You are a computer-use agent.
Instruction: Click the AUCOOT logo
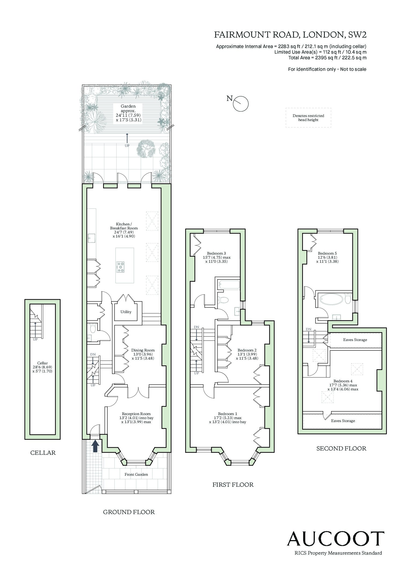tap(336, 538)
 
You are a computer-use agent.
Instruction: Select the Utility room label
tap(126, 312)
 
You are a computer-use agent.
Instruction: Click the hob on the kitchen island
tap(121, 267)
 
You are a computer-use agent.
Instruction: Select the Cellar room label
tap(43, 363)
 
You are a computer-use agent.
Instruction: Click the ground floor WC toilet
tap(92, 328)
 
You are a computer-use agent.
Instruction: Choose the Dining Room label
tap(143, 350)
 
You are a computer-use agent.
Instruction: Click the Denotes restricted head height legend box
tap(308, 118)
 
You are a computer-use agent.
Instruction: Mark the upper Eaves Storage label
tap(355, 340)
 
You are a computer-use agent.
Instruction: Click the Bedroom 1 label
tap(227, 414)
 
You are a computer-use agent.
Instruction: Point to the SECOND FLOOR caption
tap(341, 448)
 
